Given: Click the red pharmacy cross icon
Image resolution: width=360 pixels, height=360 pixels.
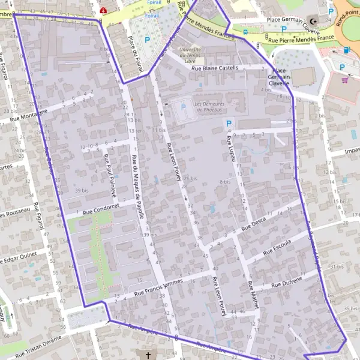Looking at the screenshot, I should (104, 10).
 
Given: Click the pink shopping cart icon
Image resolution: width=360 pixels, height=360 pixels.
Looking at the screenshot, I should (345, 79).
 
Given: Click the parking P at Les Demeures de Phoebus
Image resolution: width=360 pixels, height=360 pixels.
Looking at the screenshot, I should (184, 107).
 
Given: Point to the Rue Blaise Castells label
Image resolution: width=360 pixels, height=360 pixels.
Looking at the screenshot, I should (215, 68).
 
